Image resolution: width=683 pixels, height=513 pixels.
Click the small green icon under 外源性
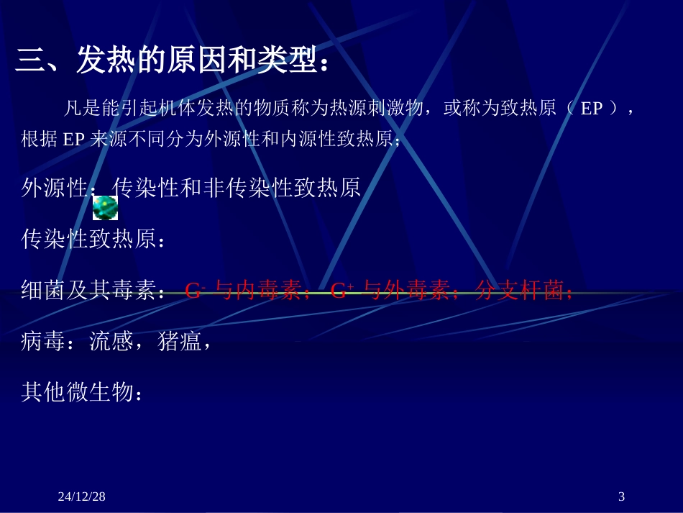coord(106,207)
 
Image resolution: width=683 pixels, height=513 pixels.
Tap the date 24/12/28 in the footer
coord(81,496)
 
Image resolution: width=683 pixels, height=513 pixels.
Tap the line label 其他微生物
coord(78,393)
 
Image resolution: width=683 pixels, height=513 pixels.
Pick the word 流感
coord(111,342)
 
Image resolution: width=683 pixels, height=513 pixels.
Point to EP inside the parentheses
coord(591,109)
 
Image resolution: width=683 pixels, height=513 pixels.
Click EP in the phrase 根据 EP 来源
coord(74,140)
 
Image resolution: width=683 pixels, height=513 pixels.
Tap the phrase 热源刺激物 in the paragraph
coord(369,109)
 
